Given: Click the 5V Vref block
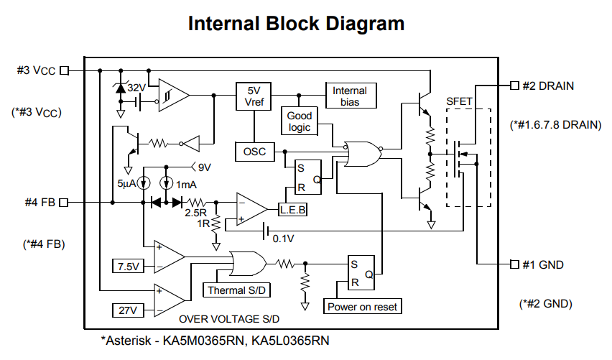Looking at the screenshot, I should (254, 96).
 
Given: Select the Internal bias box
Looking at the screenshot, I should (350, 96).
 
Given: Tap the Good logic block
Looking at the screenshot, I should (300, 121).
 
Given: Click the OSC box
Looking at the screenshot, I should (254, 152).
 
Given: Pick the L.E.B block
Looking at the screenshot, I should (292, 208).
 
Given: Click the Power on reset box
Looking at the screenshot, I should (363, 307).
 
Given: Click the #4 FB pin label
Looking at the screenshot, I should (40, 202).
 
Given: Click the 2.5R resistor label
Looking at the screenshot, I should (196, 213).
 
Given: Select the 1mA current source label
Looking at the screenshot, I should (187, 185).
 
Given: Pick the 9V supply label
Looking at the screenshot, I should (205, 167).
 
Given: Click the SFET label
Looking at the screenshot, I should (460, 101).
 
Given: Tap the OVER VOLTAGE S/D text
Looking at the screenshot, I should (229, 318).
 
